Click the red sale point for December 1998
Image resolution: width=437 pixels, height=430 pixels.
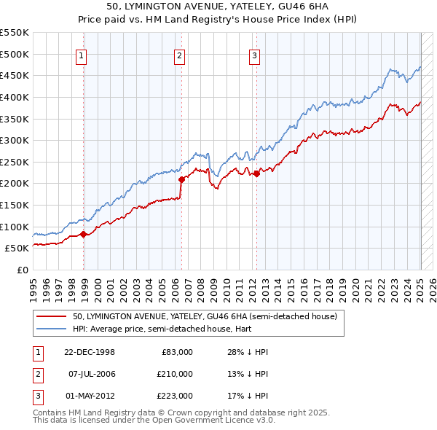point(84,234)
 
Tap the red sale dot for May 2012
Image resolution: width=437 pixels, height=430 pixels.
point(256,173)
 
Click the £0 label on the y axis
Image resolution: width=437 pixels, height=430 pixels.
point(23,270)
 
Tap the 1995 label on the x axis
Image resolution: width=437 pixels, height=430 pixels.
point(33,285)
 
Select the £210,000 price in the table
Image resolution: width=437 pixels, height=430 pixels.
point(176,374)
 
